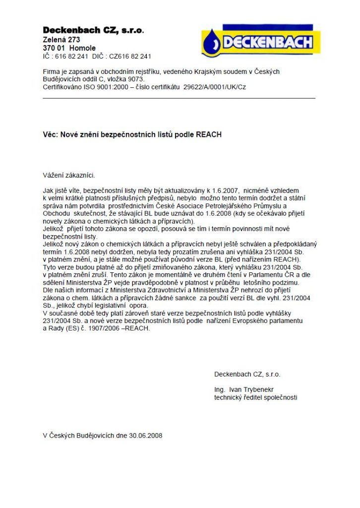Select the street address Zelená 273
61,40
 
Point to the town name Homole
82,48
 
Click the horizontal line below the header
179,98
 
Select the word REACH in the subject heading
209,134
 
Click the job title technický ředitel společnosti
255,397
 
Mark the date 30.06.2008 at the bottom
146,436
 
